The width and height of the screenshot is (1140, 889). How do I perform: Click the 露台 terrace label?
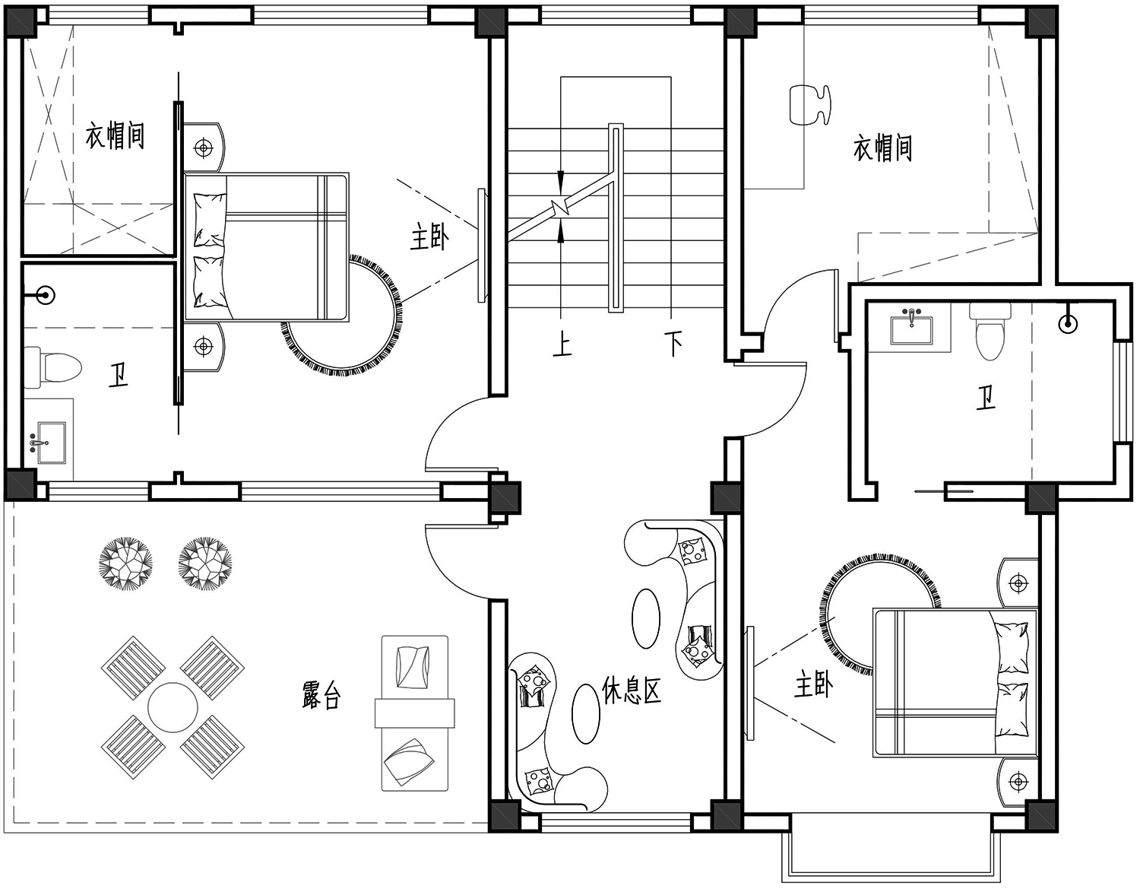click(321, 696)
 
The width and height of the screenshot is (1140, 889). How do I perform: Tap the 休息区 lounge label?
click(631, 690)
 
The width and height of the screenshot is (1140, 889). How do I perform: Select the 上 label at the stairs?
click(562, 344)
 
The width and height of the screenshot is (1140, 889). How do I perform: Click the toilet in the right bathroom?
click(990, 331)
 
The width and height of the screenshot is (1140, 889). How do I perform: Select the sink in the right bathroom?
click(911, 326)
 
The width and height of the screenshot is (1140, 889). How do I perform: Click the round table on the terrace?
click(173, 707)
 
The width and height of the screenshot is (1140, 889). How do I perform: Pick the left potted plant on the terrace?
click(126, 563)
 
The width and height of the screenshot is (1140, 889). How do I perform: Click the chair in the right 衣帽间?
click(810, 105)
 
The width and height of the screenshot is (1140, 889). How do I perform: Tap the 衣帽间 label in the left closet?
click(115, 135)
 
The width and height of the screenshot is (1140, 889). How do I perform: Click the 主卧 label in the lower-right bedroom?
click(813, 685)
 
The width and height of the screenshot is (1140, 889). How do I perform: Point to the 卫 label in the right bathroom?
click(986, 398)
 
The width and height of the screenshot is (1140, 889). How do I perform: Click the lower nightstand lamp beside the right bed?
click(1018, 782)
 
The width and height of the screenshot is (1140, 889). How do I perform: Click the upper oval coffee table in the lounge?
click(646, 618)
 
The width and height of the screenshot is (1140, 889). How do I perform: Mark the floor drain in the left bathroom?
click(46, 295)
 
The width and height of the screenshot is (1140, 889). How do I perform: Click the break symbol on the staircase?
click(561, 206)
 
